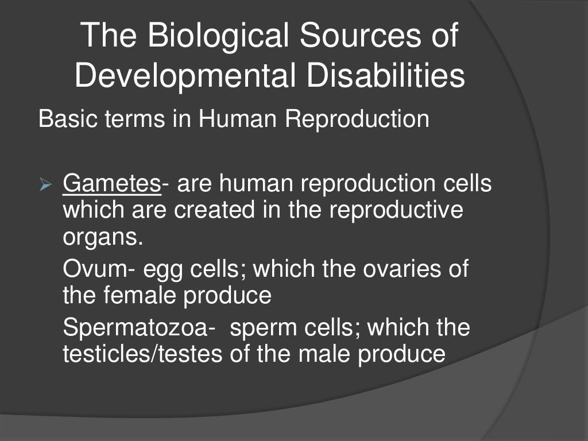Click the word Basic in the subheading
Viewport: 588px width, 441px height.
[64, 119]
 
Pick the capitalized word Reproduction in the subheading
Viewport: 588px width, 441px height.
[357, 119]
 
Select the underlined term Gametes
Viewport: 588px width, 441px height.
[111, 184]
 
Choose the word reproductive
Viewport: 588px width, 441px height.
[396, 211]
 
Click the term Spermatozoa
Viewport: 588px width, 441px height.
[136, 328]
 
